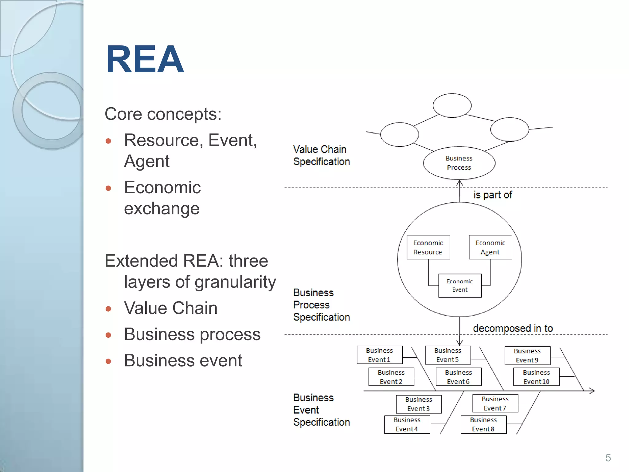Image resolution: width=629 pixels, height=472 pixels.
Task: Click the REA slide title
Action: point(145,59)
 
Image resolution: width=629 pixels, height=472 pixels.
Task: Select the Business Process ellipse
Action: point(459,163)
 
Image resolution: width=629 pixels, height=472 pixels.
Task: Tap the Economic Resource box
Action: point(428,247)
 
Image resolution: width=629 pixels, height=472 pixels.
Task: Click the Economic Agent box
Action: point(490,247)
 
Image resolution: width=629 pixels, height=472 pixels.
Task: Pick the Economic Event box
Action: point(460,285)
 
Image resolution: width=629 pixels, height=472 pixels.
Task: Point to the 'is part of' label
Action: point(492,195)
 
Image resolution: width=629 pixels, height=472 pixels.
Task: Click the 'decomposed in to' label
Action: point(513,328)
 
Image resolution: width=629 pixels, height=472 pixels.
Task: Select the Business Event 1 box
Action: point(380,355)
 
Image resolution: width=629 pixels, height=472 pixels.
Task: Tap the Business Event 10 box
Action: point(536,377)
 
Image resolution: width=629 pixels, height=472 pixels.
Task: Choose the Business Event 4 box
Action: point(407,424)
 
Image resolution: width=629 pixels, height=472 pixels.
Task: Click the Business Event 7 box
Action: point(495,403)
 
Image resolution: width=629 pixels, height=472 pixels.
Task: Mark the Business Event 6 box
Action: point(459,377)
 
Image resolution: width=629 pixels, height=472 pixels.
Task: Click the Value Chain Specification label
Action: point(321,155)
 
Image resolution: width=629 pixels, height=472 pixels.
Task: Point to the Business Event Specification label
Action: point(321,410)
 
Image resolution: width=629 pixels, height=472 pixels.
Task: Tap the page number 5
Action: point(608,458)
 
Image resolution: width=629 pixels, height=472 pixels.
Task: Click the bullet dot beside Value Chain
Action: point(108,309)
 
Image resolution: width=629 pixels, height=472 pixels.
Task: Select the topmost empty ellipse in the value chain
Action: point(452,105)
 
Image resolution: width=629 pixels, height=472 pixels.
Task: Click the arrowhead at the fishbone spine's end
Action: point(592,391)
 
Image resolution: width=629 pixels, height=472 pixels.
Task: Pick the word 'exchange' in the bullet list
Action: point(162,208)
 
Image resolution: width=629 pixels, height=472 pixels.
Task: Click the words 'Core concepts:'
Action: point(163,114)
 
